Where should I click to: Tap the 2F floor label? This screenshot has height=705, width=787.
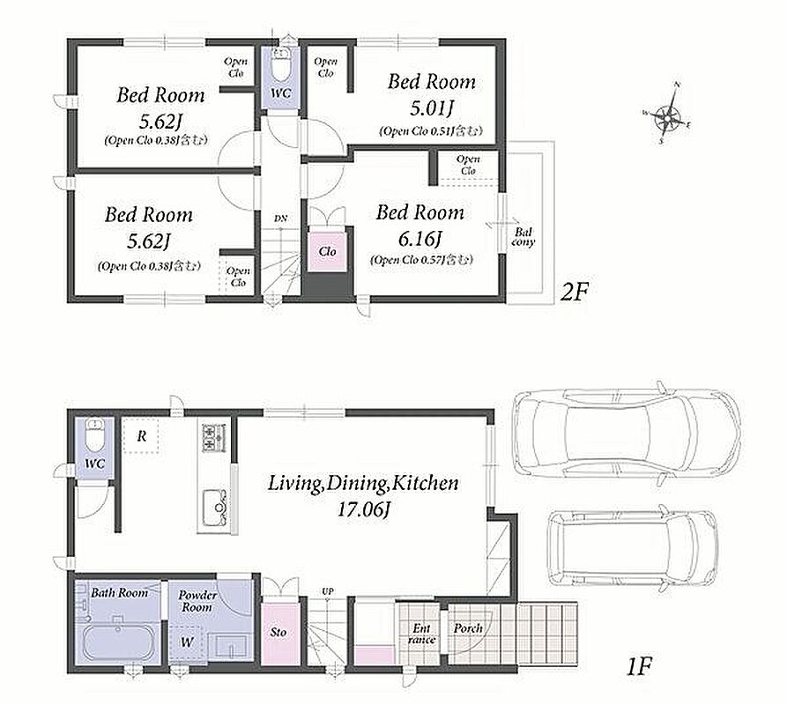574,292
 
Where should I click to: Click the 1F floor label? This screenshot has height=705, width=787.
638,667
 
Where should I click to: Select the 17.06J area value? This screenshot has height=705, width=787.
364,510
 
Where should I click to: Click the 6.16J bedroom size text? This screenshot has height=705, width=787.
419,239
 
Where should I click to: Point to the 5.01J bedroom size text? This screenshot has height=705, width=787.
432,108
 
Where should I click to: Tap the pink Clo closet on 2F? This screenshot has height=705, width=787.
327,251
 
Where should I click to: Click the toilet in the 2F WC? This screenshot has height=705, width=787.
280,64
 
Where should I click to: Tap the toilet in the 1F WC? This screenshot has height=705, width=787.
94,434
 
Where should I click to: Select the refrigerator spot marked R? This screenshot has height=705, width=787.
142,435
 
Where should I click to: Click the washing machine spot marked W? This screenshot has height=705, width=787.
187,642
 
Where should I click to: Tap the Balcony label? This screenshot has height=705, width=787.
523,237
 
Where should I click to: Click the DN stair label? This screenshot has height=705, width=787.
280,219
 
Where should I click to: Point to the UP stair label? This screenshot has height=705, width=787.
327,591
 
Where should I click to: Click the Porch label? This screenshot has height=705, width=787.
468,628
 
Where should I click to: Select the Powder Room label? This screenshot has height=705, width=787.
197,601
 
